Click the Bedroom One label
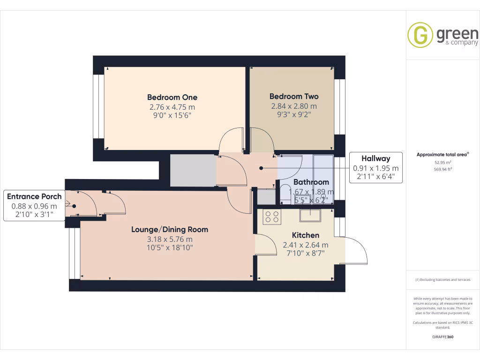(172, 97)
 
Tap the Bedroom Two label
(294, 97)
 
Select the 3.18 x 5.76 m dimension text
(170, 239)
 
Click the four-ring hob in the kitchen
(272, 217)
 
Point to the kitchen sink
(310, 215)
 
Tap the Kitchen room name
(306, 235)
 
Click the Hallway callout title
(375, 158)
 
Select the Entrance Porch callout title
(34, 196)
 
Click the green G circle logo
(420, 35)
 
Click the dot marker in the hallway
(261, 168)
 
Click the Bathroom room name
(311, 182)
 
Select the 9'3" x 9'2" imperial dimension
(294, 114)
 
